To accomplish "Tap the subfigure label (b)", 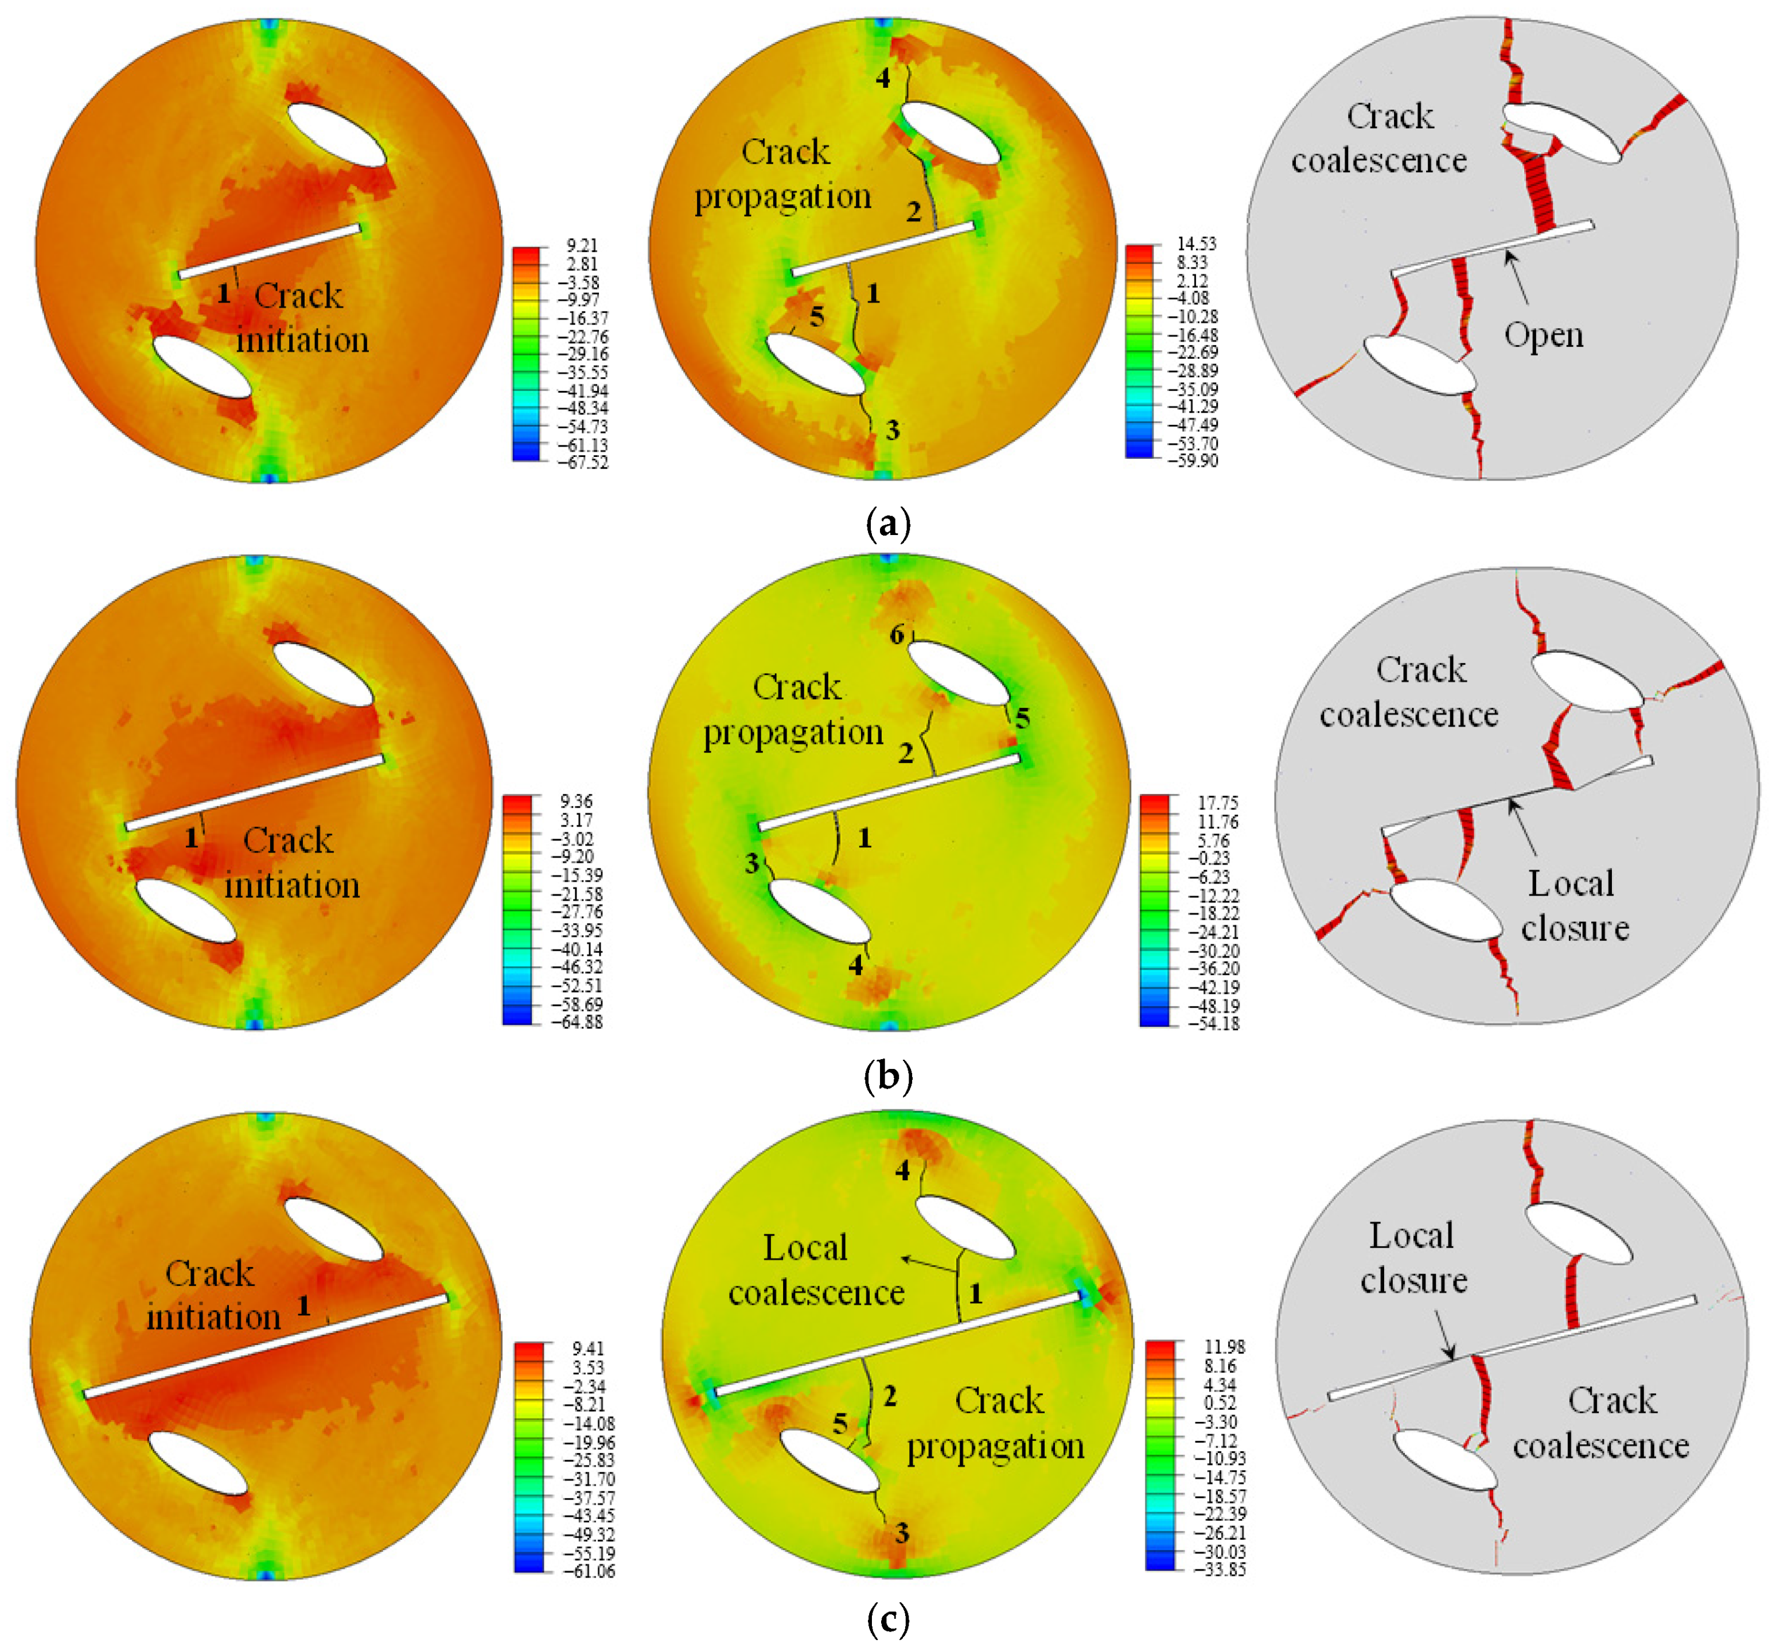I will (x=887, y=1076).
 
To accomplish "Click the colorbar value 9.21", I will (x=581, y=246).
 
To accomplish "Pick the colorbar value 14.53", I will (x=1195, y=244).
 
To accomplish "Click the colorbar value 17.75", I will (x=1217, y=803).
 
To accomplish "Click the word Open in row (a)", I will (x=1543, y=335).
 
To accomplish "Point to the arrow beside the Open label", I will (x=1516, y=277).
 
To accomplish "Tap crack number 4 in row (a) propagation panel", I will (x=882, y=79).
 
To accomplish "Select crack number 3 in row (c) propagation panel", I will (x=902, y=1534).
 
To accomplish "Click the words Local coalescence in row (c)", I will (x=815, y=1270).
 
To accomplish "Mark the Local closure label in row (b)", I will (x=1574, y=906).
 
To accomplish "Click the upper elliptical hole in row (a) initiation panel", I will (x=337, y=134).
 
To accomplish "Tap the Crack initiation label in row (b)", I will (x=291, y=863).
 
